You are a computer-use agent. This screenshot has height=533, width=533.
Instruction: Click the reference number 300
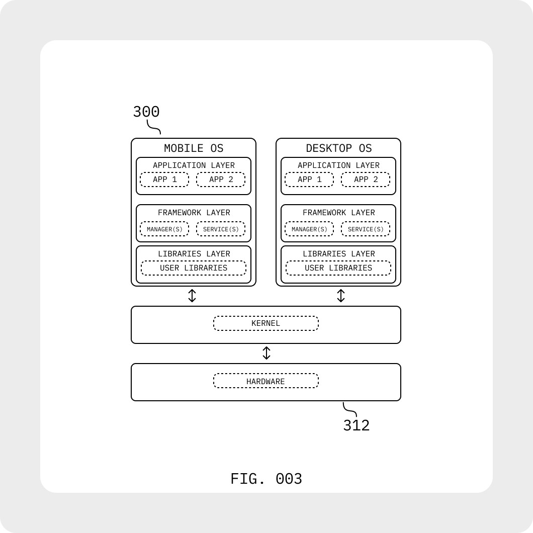click(146, 112)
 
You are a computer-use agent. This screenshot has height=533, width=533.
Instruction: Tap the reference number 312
click(356, 425)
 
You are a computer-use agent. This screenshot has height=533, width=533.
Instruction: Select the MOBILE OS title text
click(194, 148)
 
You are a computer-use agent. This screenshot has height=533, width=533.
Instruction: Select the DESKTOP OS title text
click(338, 148)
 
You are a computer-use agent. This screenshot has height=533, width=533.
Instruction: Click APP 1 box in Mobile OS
click(164, 180)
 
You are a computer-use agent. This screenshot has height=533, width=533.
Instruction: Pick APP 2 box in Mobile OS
click(221, 180)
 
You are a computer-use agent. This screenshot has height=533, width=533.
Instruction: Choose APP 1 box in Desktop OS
click(309, 180)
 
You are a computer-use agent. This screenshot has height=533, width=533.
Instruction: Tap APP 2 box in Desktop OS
click(366, 180)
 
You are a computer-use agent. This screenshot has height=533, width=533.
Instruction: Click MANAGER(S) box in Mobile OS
click(164, 229)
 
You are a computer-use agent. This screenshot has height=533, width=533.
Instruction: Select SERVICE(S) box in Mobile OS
click(221, 229)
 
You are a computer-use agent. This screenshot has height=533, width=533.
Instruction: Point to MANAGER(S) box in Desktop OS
click(309, 229)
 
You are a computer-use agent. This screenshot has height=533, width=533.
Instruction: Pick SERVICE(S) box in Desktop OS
click(366, 229)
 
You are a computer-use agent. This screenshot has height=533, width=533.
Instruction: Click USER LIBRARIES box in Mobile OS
click(194, 268)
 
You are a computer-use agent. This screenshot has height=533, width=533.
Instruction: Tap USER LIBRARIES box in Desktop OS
click(338, 268)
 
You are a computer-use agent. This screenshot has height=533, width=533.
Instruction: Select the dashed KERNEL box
click(266, 323)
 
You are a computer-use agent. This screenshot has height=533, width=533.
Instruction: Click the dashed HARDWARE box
click(266, 381)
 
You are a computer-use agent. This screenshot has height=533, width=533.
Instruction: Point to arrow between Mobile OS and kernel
click(192, 296)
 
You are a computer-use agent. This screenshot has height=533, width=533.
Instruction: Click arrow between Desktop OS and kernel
click(341, 296)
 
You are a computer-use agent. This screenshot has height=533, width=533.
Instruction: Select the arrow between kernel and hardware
click(267, 353)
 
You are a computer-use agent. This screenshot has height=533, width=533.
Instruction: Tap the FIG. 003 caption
click(266, 479)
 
